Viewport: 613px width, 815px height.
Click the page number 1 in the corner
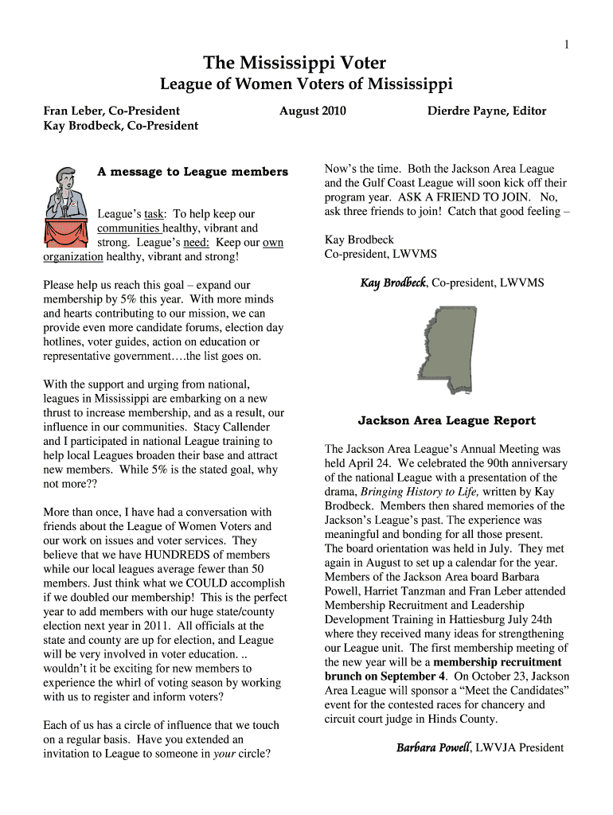click(566, 45)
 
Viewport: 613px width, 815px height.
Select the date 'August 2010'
click(312, 111)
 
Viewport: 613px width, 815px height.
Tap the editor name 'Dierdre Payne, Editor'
click(486, 111)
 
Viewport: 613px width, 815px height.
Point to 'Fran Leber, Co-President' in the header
click(111, 111)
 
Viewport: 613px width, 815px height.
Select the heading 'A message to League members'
click(192, 171)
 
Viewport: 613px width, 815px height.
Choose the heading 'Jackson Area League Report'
click(447, 420)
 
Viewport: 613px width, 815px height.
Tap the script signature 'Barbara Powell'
click(433, 747)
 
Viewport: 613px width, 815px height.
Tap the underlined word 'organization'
click(72, 256)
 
